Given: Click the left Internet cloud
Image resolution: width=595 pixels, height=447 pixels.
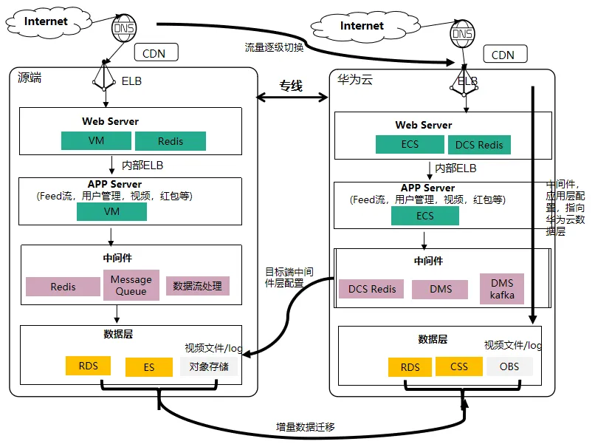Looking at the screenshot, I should (46, 21).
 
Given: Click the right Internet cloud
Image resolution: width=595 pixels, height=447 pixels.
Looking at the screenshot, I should (361, 26).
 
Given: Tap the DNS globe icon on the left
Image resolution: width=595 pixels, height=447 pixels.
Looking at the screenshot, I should (123, 29).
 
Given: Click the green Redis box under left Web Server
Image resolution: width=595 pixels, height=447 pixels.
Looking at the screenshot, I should (171, 141).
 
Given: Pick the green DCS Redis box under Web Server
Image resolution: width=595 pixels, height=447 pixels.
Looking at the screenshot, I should (479, 144).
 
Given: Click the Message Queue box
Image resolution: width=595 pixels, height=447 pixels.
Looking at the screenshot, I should (131, 285).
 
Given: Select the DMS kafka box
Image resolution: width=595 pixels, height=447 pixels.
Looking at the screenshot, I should (502, 289).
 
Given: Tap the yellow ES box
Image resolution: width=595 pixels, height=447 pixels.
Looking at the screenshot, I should (149, 367).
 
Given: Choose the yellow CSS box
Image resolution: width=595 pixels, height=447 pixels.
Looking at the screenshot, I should (459, 366).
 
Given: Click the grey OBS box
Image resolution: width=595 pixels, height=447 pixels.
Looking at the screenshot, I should (509, 366).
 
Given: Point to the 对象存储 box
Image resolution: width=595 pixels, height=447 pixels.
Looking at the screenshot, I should (209, 366).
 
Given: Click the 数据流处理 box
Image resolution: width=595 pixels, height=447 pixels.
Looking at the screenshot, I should (198, 286).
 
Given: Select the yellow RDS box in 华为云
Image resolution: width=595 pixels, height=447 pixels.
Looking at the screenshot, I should (410, 367).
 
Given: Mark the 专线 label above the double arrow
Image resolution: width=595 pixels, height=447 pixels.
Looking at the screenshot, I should (291, 86).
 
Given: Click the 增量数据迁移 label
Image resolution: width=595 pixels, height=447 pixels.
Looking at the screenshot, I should (305, 426).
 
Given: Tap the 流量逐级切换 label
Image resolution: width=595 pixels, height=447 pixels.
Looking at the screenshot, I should (274, 47).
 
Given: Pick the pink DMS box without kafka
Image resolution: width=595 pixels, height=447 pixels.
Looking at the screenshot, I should (440, 289).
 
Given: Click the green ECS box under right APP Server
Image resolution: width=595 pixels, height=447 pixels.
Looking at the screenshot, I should (425, 216).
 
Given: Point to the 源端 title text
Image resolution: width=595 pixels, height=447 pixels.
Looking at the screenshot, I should (30, 78).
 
